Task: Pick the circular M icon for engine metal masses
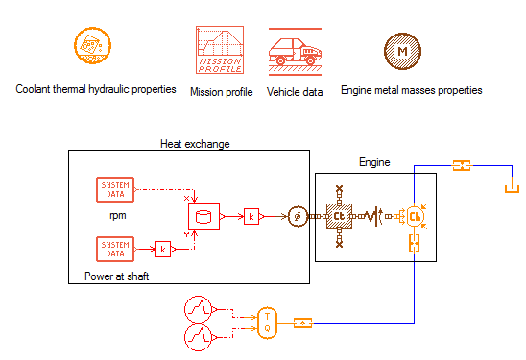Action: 398,49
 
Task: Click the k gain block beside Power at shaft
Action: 164,250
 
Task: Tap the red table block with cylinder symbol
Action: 203,217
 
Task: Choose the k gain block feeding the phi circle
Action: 252,217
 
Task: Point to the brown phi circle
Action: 297,217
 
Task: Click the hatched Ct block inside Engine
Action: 339,217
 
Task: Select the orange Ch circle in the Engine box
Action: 415,217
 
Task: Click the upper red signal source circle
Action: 198,309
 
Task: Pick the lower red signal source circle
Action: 198,336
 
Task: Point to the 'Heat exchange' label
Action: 195,144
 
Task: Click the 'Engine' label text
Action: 374,163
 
